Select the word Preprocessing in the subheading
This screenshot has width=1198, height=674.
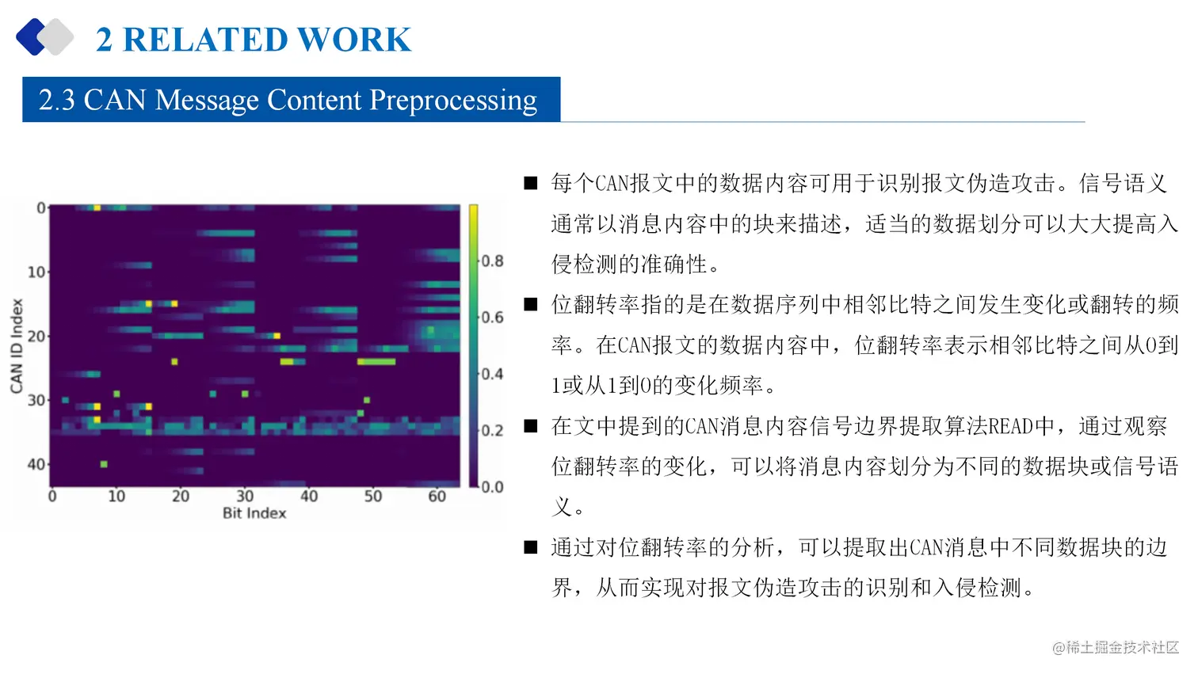click(x=453, y=101)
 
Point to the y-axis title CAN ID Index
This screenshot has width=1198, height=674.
click(x=17, y=345)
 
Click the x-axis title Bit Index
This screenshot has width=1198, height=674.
click(x=254, y=513)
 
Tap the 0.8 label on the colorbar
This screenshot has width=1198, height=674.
click(x=492, y=261)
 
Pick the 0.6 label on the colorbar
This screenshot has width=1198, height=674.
click(x=492, y=318)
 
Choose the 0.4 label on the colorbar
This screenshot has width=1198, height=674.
click(x=492, y=374)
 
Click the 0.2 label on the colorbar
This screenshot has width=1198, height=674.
click(x=492, y=430)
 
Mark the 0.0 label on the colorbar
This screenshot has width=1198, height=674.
click(x=492, y=486)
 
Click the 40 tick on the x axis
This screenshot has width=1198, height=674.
click(x=309, y=497)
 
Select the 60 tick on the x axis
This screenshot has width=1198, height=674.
click(x=437, y=497)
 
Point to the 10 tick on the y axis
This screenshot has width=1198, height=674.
click(x=36, y=272)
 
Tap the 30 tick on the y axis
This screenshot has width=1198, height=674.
click(x=36, y=400)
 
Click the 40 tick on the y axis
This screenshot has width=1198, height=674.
click(x=36, y=464)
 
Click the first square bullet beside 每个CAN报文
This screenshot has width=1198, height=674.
click(x=531, y=184)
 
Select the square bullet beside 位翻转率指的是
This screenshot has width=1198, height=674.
click(x=531, y=305)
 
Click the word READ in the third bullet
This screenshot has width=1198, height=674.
click(x=1010, y=427)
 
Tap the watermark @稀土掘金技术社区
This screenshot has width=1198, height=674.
click(x=1116, y=648)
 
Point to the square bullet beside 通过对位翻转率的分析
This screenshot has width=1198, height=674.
click(x=531, y=547)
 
